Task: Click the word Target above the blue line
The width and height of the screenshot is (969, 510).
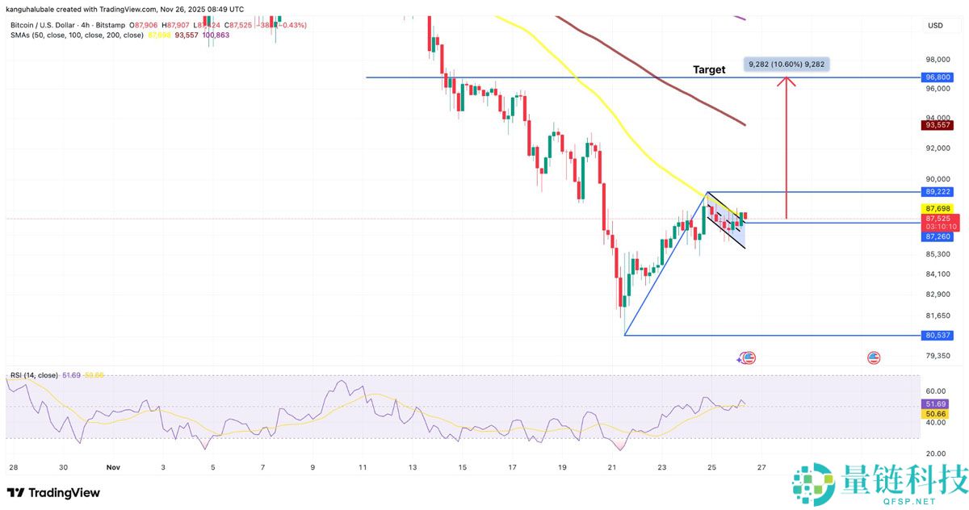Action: coord(709,69)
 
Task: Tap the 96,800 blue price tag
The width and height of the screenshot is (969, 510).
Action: coord(938,77)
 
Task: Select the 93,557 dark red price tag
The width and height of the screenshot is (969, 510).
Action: coord(938,125)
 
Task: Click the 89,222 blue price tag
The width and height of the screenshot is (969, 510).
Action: coord(938,192)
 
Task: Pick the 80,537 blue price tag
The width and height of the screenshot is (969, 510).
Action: coord(938,335)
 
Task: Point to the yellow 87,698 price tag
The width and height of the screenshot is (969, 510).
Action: coord(938,208)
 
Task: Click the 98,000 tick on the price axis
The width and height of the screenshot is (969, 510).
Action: coord(938,60)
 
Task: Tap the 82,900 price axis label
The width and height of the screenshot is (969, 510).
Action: coord(938,295)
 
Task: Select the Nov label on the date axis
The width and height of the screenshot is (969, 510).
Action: coord(114,466)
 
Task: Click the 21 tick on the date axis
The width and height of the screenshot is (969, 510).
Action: coord(612,466)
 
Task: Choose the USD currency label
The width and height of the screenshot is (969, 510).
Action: coord(935,26)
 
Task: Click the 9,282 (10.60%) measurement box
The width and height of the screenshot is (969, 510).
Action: coord(786,64)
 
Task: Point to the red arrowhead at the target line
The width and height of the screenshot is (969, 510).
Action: coord(786,82)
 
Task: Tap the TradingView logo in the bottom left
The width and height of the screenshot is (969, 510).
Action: coord(53,492)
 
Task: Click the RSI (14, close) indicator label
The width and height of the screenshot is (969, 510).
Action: coord(33,376)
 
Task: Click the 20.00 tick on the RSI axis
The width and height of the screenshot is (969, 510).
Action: coord(936,453)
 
